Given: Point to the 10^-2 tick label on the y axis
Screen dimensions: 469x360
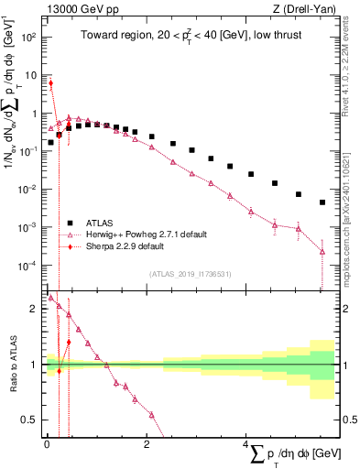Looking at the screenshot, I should tap(28, 190).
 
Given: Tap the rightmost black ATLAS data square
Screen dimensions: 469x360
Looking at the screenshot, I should tap(322, 202).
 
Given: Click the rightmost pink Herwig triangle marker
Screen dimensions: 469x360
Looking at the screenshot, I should tap(322, 251).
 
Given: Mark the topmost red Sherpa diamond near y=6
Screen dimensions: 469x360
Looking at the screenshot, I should tap(51, 83).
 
